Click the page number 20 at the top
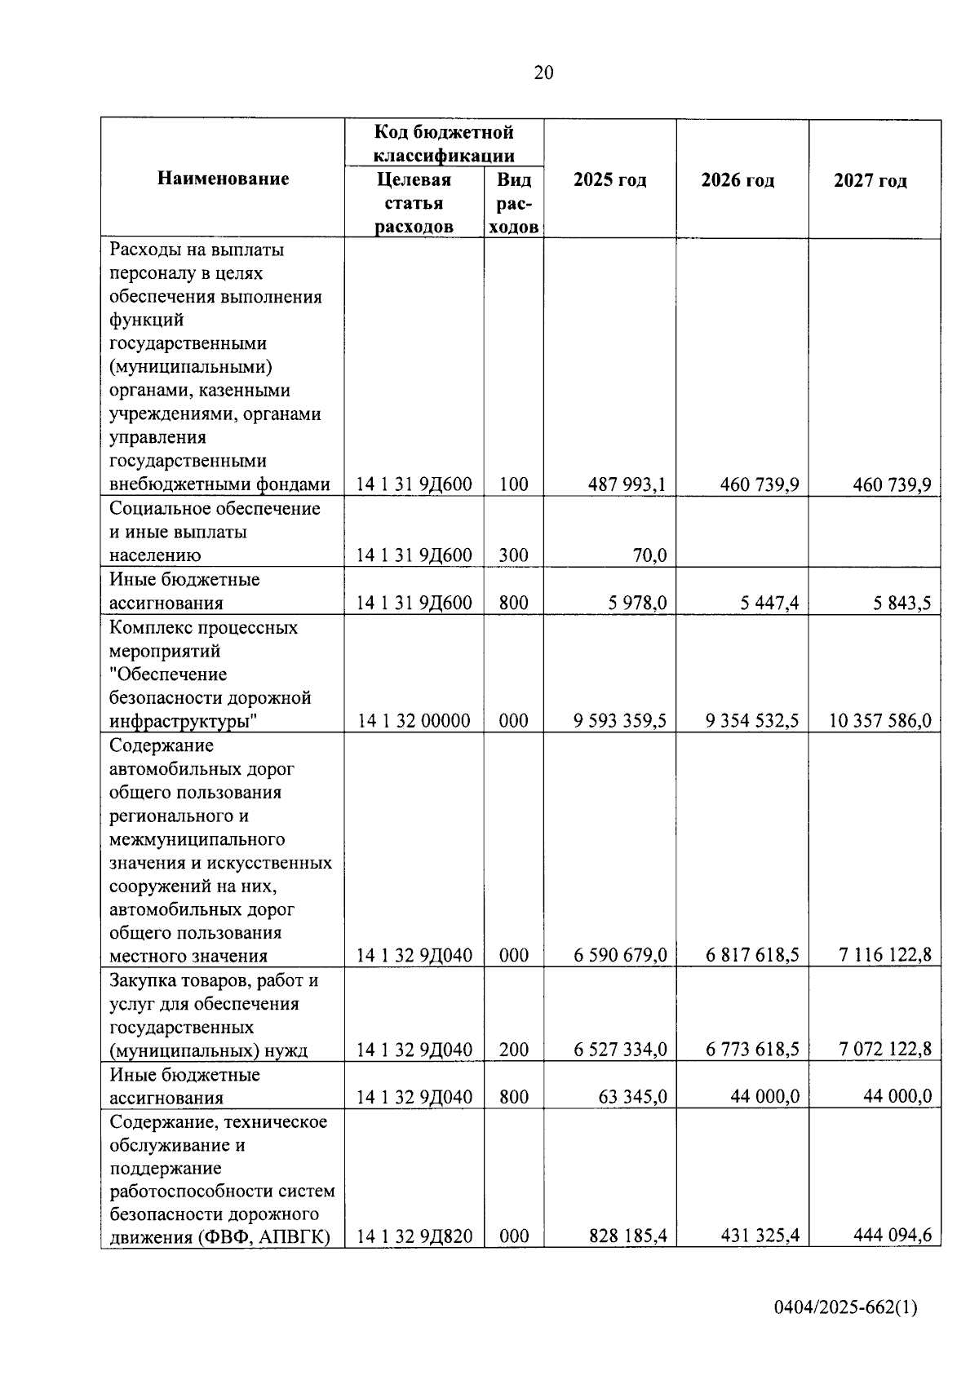543,73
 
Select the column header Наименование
223,179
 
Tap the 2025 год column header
609,179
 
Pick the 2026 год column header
738,179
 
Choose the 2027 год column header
870,180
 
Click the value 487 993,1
627,484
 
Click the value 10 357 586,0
880,721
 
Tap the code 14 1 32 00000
414,721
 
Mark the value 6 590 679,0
620,955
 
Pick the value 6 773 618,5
752,1050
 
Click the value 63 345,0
632,1097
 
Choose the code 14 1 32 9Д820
414,1236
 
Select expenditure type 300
513,555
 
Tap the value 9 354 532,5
752,721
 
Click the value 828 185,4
627,1236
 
